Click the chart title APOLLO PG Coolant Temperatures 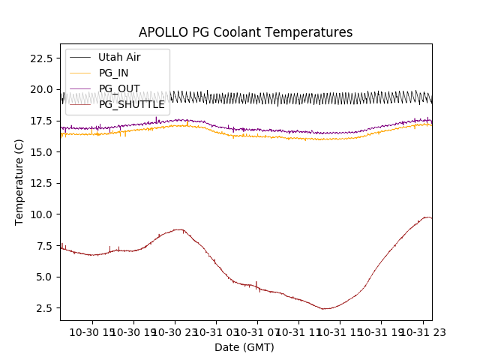click(245, 32)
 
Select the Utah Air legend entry click(119, 57)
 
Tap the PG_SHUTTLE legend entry click(132, 104)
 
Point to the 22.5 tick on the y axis click(40, 58)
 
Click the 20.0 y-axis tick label click(40, 89)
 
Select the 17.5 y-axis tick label click(40, 121)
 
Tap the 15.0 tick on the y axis click(40, 151)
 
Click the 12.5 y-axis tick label click(40, 183)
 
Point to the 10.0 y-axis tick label click(40, 214)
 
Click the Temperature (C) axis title click(19, 181)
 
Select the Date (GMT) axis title click(244, 347)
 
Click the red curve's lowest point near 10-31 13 click(325, 309)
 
